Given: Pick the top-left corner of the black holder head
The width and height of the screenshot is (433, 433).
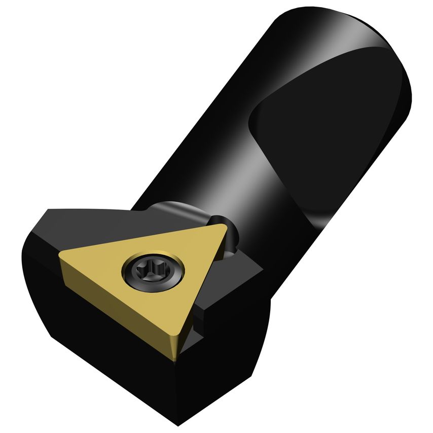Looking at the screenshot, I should click(48, 210).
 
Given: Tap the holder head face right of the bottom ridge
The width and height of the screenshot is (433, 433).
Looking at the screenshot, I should click(228, 365).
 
